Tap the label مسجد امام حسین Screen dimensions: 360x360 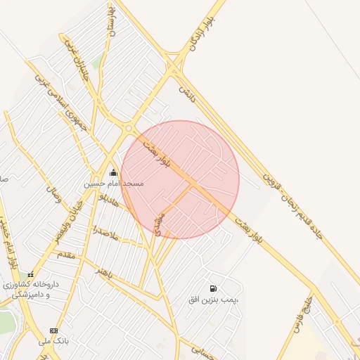pos(114,183)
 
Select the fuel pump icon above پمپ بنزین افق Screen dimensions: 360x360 pos(213,288)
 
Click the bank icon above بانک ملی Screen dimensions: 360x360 pos(54,330)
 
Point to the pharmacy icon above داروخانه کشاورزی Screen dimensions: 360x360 pos(30,274)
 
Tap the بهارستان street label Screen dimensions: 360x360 pos(110,22)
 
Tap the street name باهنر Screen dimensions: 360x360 pos(105,272)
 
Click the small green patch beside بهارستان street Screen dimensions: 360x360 pos(96,64)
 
